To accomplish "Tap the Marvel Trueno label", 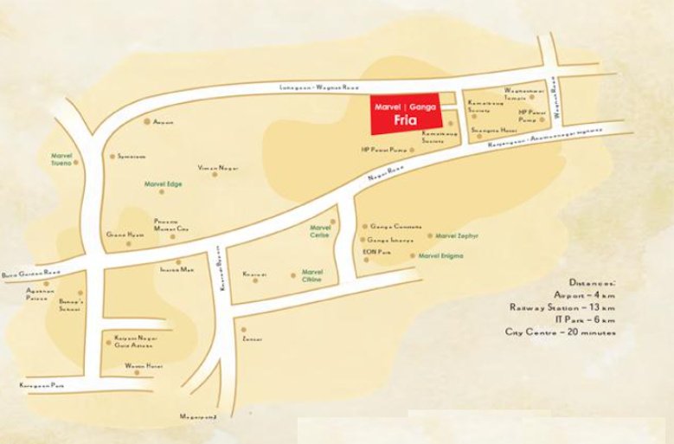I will click(62, 159).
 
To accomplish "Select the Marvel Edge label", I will click(163, 183).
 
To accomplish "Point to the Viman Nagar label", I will click(217, 167).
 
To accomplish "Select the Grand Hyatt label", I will click(121, 234).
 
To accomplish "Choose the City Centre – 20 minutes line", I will click(561, 331).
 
